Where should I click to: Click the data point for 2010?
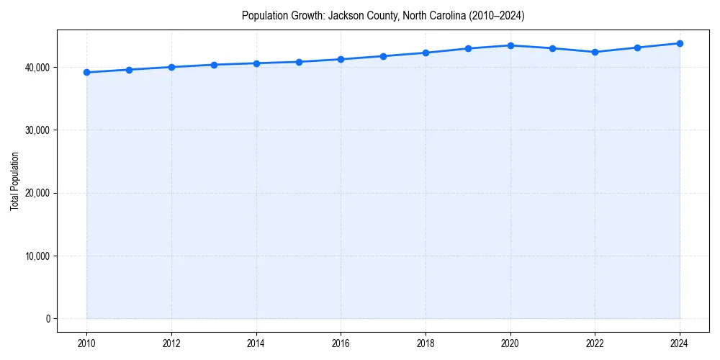click(86, 72)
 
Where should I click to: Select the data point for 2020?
click(510, 45)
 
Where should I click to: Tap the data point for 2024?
click(680, 43)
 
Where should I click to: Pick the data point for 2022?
click(595, 52)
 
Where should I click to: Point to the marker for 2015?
click(299, 62)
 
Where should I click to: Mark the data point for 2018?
click(426, 53)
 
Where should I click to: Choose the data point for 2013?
click(214, 65)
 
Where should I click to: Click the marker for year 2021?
click(552, 48)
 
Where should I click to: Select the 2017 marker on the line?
click(383, 56)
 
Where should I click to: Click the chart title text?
click(383, 15)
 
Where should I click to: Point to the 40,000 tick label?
click(36, 68)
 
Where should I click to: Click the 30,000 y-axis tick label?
click(36, 130)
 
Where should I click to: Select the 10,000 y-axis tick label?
click(36, 256)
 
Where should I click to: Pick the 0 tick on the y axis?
click(48, 319)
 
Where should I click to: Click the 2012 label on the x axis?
click(171, 343)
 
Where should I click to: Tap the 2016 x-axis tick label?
click(341, 343)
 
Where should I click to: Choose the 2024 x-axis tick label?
click(680, 343)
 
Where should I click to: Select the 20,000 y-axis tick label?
click(36, 193)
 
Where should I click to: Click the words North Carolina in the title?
click(422, 15)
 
